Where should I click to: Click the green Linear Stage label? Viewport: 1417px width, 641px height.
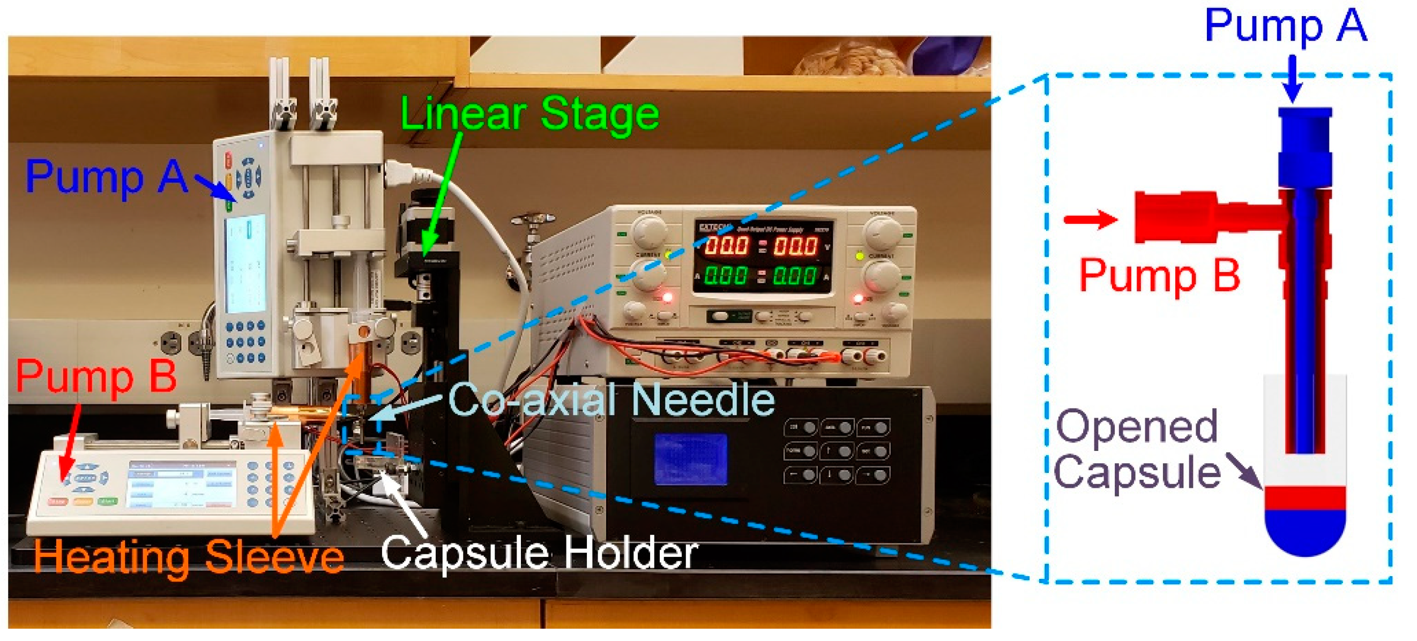[529, 115]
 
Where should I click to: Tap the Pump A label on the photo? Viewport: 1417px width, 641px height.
[107, 177]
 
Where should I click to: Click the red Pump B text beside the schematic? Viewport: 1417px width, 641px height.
[1160, 275]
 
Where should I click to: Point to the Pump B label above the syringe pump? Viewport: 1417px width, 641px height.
[96, 376]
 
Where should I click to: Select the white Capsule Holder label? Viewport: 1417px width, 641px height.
[539, 553]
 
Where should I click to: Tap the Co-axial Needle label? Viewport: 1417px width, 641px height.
[610, 399]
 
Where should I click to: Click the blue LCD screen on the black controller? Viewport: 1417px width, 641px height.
[690, 459]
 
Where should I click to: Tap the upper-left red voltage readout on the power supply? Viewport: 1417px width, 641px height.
[726, 246]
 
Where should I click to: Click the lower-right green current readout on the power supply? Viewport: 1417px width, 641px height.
[794, 275]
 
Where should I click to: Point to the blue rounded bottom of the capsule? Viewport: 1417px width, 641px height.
[1305, 531]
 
